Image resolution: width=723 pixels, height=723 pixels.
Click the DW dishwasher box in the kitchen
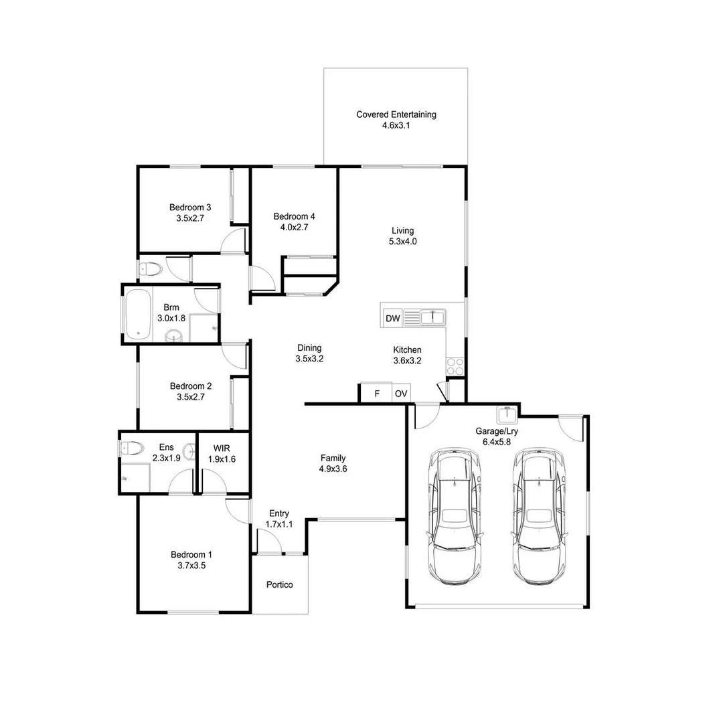(393, 319)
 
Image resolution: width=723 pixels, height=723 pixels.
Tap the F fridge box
(376, 394)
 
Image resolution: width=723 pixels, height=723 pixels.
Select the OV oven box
(401, 394)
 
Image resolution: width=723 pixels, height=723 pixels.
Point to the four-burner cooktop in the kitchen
(455, 366)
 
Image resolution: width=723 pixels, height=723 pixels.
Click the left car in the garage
(455, 517)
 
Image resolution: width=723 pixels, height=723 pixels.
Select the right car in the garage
(538, 517)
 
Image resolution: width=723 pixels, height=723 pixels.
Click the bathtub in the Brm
(137, 314)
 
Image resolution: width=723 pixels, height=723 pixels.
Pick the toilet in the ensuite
(130, 448)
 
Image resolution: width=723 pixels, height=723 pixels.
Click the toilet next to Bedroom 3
(151, 270)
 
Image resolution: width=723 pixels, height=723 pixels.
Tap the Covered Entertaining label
(396, 114)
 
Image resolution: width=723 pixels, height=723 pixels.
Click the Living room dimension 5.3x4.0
(403, 242)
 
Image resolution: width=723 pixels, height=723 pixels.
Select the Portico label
(279, 584)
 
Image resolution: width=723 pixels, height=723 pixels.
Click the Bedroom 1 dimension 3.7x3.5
(191, 565)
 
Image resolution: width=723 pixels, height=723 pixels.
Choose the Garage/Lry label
(497, 432)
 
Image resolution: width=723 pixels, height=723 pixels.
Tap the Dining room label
(309, 347)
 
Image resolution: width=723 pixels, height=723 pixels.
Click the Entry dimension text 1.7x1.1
(279, 524)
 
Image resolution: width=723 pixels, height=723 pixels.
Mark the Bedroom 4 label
(294, 216)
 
